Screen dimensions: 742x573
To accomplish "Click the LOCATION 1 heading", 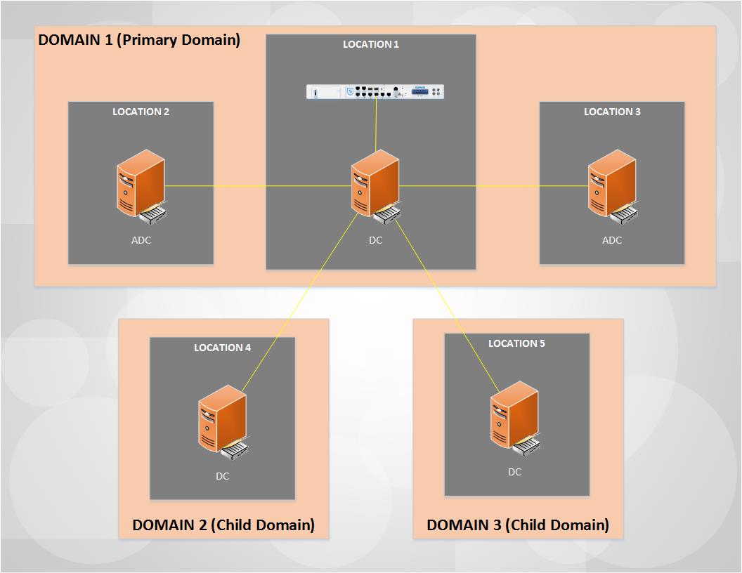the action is (x=370, y=44).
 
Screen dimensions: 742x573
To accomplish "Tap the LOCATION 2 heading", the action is (x=141, y=112).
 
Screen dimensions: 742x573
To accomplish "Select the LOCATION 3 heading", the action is (x=612, y=112).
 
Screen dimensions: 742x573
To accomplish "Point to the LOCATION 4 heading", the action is (x=223, y=348).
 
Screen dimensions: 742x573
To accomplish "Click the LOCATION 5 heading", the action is (x=516, y=343).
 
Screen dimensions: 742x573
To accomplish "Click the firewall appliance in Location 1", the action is (x=375, y=91).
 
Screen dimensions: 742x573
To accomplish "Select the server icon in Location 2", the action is (x=142, y=187).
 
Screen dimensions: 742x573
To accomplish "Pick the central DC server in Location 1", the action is (x=377, y=187).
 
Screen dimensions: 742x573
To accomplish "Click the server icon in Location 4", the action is (x=223, y=422).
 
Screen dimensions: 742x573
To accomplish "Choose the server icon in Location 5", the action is (x=516, y=419).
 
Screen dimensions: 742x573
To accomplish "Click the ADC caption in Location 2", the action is (x=141, y=240).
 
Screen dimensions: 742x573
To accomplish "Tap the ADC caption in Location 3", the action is (x=612, y=240).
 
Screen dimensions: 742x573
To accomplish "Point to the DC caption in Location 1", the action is (x=376, y=240).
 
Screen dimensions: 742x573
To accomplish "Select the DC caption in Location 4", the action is (x=223, y=476).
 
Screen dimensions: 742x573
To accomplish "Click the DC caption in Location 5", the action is (x=515, y=472).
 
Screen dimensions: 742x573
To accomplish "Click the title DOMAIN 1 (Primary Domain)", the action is (x=139, y=40).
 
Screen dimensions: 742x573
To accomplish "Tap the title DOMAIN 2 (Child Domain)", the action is (x=223, y=525).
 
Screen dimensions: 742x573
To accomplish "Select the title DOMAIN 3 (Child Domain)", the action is (x=518, y=525).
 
